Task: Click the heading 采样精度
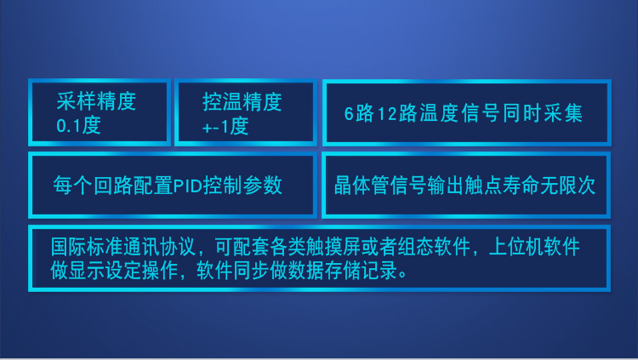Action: pos(96,101)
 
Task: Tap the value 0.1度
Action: pos(78,125)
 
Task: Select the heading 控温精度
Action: pos(242,102)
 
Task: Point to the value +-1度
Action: pos(225,126)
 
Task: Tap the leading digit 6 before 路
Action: pos(349,114)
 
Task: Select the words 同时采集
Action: pos(543,113)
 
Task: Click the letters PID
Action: pos(188,186)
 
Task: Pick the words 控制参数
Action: pos(242,186)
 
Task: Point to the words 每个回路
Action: pos(94,186)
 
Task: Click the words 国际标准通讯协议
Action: pos(123,247)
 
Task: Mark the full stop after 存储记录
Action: pos(403,275)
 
